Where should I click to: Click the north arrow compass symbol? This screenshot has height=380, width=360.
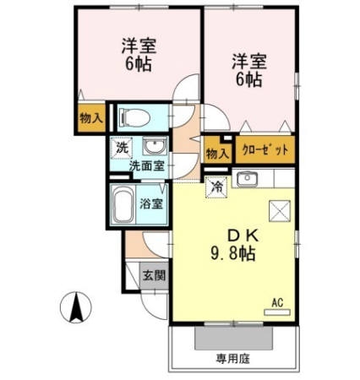[x=76, y=307]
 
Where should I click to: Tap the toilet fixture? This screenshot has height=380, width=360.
[x=134, y=117]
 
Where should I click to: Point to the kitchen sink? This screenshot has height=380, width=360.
[x=247, y=179]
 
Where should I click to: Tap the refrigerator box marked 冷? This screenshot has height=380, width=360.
[x=216, y=187]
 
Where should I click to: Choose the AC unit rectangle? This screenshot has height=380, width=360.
[x=276, y=312]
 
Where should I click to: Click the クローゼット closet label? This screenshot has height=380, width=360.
[x=265, y=149]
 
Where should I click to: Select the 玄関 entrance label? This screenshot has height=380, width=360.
[x=154, y=275]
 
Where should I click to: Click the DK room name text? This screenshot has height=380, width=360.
[x=243, y=236]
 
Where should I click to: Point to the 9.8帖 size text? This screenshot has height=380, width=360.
[x=233, y=253]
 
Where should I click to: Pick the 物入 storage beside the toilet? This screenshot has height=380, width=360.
[x=90, y=117]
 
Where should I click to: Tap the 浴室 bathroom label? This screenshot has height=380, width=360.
[x=151, y=204]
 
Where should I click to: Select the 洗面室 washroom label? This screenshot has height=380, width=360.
[x=147, y=166]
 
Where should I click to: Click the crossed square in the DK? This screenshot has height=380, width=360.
[x=280, y=211]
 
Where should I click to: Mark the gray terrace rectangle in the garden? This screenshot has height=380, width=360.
[x=233, y=338]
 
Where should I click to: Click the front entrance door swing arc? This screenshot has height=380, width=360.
[x=150, y=310]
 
